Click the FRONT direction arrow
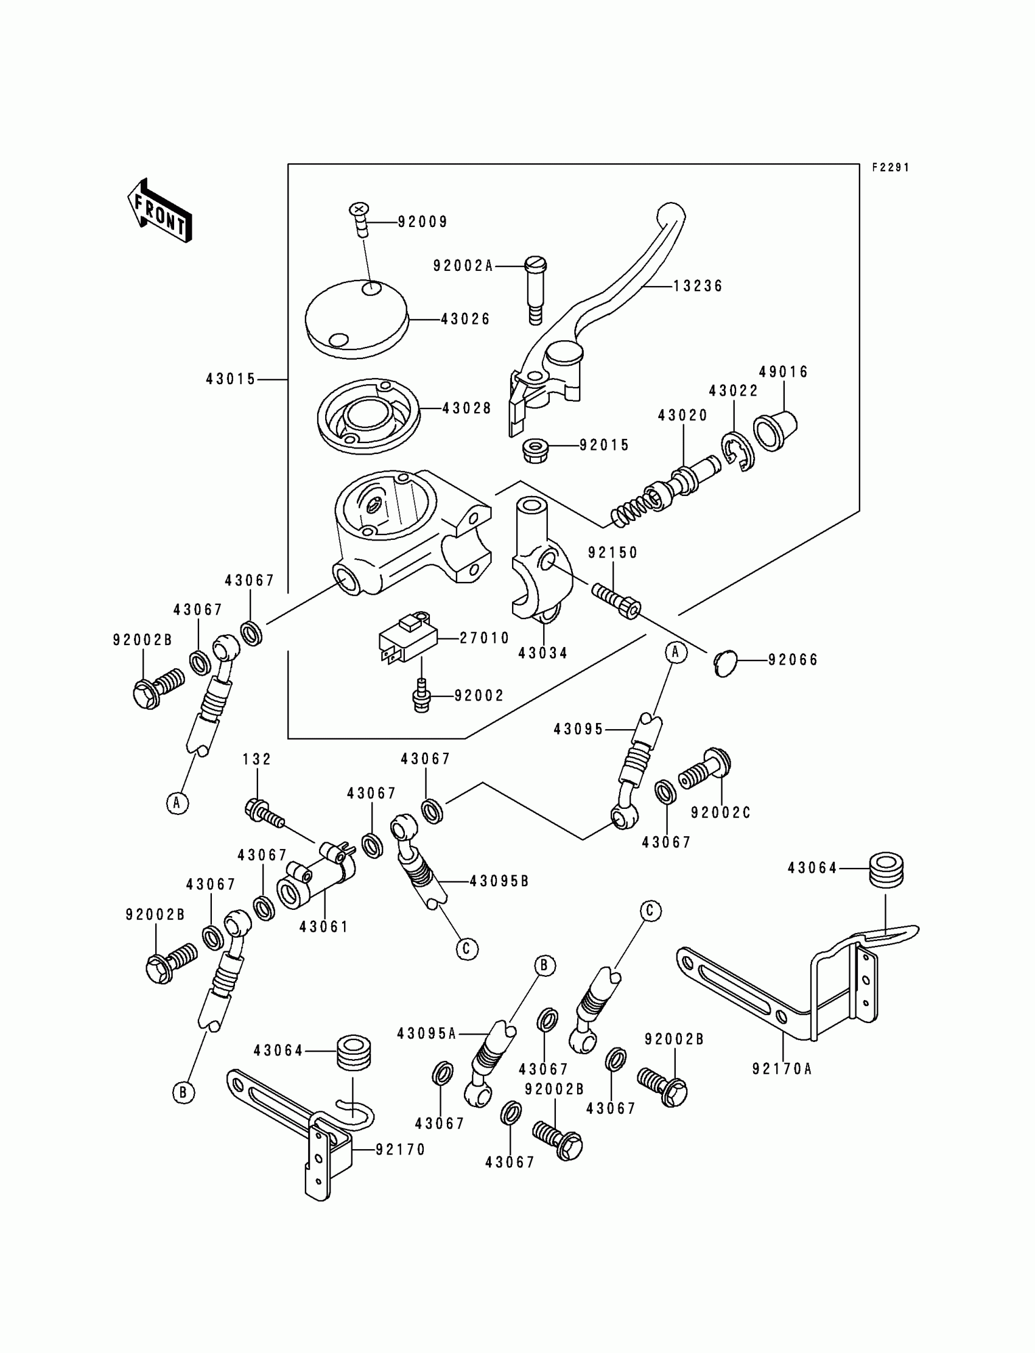tap(160, 211)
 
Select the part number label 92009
tap(423, 222)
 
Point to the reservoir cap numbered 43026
tap(357, 319)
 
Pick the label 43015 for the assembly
tap(230, 379)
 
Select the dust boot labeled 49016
tap(776, 428)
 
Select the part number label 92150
tap(612, 553)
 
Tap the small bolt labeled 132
tap(264, 813)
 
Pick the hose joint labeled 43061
tap(314, 884)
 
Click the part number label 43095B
tap(499, 881)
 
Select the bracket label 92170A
tap(782, 1069)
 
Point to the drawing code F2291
tap(890, 167)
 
